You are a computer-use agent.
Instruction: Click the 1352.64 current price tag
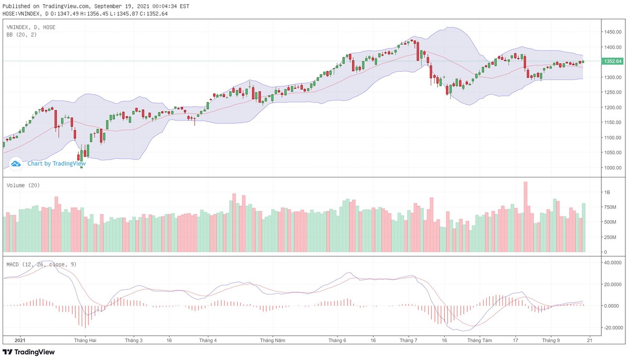tap(613, 61)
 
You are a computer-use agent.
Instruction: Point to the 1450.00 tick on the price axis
tap(612, 32)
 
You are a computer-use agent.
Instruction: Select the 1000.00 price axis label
tap(612, 168)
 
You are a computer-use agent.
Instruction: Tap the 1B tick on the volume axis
tap(608, 193)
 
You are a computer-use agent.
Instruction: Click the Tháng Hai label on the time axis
tap(85, 340)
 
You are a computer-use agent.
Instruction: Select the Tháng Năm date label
tap(273, 340)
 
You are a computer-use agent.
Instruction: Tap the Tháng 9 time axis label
tap(550, 340)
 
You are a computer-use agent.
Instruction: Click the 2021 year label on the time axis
tap(19, 340)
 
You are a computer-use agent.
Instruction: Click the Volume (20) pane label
tap(23, 185)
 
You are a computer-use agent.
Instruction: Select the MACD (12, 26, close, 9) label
tap(41, 264)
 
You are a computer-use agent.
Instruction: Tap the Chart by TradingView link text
tap(57, 163)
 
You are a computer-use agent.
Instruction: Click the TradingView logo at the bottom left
tap(29, 353)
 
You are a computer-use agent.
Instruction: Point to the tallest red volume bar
tap(525, 217)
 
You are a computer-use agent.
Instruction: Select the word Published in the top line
tap(16, 6)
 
